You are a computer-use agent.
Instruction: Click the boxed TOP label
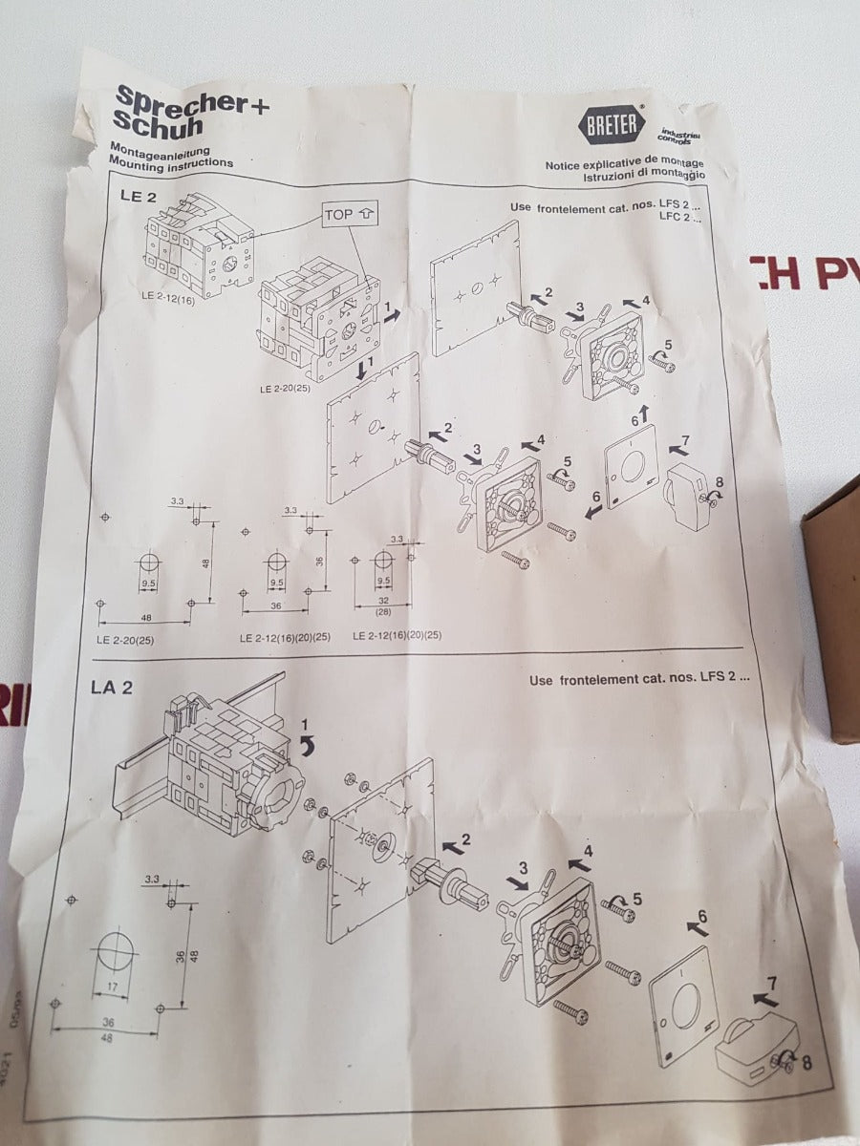pos(348,215)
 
